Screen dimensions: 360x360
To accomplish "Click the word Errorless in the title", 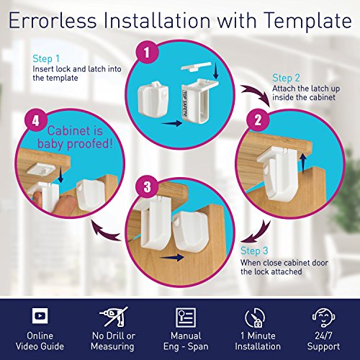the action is tap(53, 20).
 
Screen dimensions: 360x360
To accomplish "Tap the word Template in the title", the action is tap(308, 22).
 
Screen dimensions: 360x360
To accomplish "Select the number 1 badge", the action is tap(147, 52).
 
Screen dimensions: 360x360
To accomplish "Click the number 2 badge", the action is tap(258, 120).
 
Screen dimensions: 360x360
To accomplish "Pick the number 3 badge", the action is tap(147, 186).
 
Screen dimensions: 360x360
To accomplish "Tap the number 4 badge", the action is tap(36, 121).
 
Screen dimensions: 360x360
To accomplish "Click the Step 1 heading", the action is tap(46, 59).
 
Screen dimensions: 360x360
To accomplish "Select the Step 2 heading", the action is tap(286, 78).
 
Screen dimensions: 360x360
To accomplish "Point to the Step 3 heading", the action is tap(254, 251).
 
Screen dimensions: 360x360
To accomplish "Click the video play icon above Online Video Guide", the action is tap(40, 315).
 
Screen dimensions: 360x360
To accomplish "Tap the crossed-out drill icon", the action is tap(114, 317).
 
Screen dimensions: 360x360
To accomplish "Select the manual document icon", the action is tap(186, 318).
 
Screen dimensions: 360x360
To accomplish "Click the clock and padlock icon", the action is tap(255, 318).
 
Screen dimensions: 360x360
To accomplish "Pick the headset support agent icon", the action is tap(323, 318).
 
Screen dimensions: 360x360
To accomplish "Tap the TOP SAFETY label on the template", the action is tap(185, 103).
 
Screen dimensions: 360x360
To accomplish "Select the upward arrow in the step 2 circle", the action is tap(303, 163).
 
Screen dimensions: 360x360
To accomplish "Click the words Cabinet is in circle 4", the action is tap(75, 131).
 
